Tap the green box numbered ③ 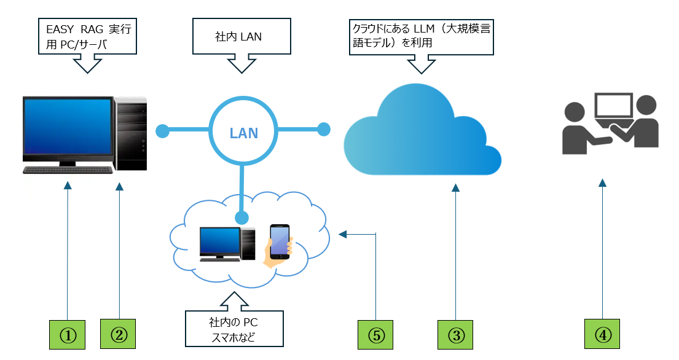point(455,335)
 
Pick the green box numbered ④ point(602,335)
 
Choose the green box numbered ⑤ point(375,335)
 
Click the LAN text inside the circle point(243,132)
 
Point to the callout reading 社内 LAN point(239,37)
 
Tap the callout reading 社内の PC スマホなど point(234,329)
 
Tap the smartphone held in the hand point(280,240)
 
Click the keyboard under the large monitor point(68,170)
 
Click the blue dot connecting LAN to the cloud point(324,130)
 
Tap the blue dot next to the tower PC point(163,131)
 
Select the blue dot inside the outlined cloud point(243,217)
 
